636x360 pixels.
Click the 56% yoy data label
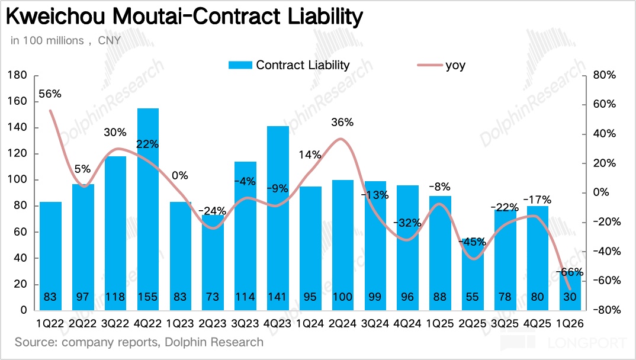pos(50,94)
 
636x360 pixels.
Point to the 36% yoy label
pos(342,123)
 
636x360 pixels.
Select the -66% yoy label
pos(571,272)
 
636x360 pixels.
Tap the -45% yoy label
pos(473,242)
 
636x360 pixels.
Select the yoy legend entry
pos(455,65)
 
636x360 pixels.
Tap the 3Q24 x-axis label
pos(375,324)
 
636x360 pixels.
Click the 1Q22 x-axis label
pos(50,324)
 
